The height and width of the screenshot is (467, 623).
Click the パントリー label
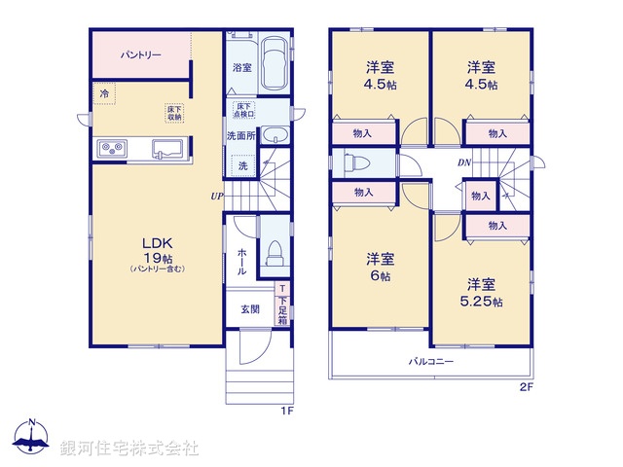[x=141, y=55]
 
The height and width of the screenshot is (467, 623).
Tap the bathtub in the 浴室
[x=275, y=64]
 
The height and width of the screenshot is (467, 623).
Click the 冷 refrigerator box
[x=103, y=93]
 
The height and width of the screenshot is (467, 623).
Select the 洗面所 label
[x=240, y=135]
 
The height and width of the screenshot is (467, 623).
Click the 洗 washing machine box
[x=243, y=166]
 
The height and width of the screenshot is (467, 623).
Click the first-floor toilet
[x=274, y=252]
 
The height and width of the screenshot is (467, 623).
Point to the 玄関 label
[x=250, y=309]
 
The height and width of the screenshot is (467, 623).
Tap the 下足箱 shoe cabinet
[x=282, y=305]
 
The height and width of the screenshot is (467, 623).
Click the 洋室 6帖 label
[x=380, y=267]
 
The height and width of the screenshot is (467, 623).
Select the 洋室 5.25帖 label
[x=483, y=293]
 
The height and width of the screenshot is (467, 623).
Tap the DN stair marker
[x=466, y=162]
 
